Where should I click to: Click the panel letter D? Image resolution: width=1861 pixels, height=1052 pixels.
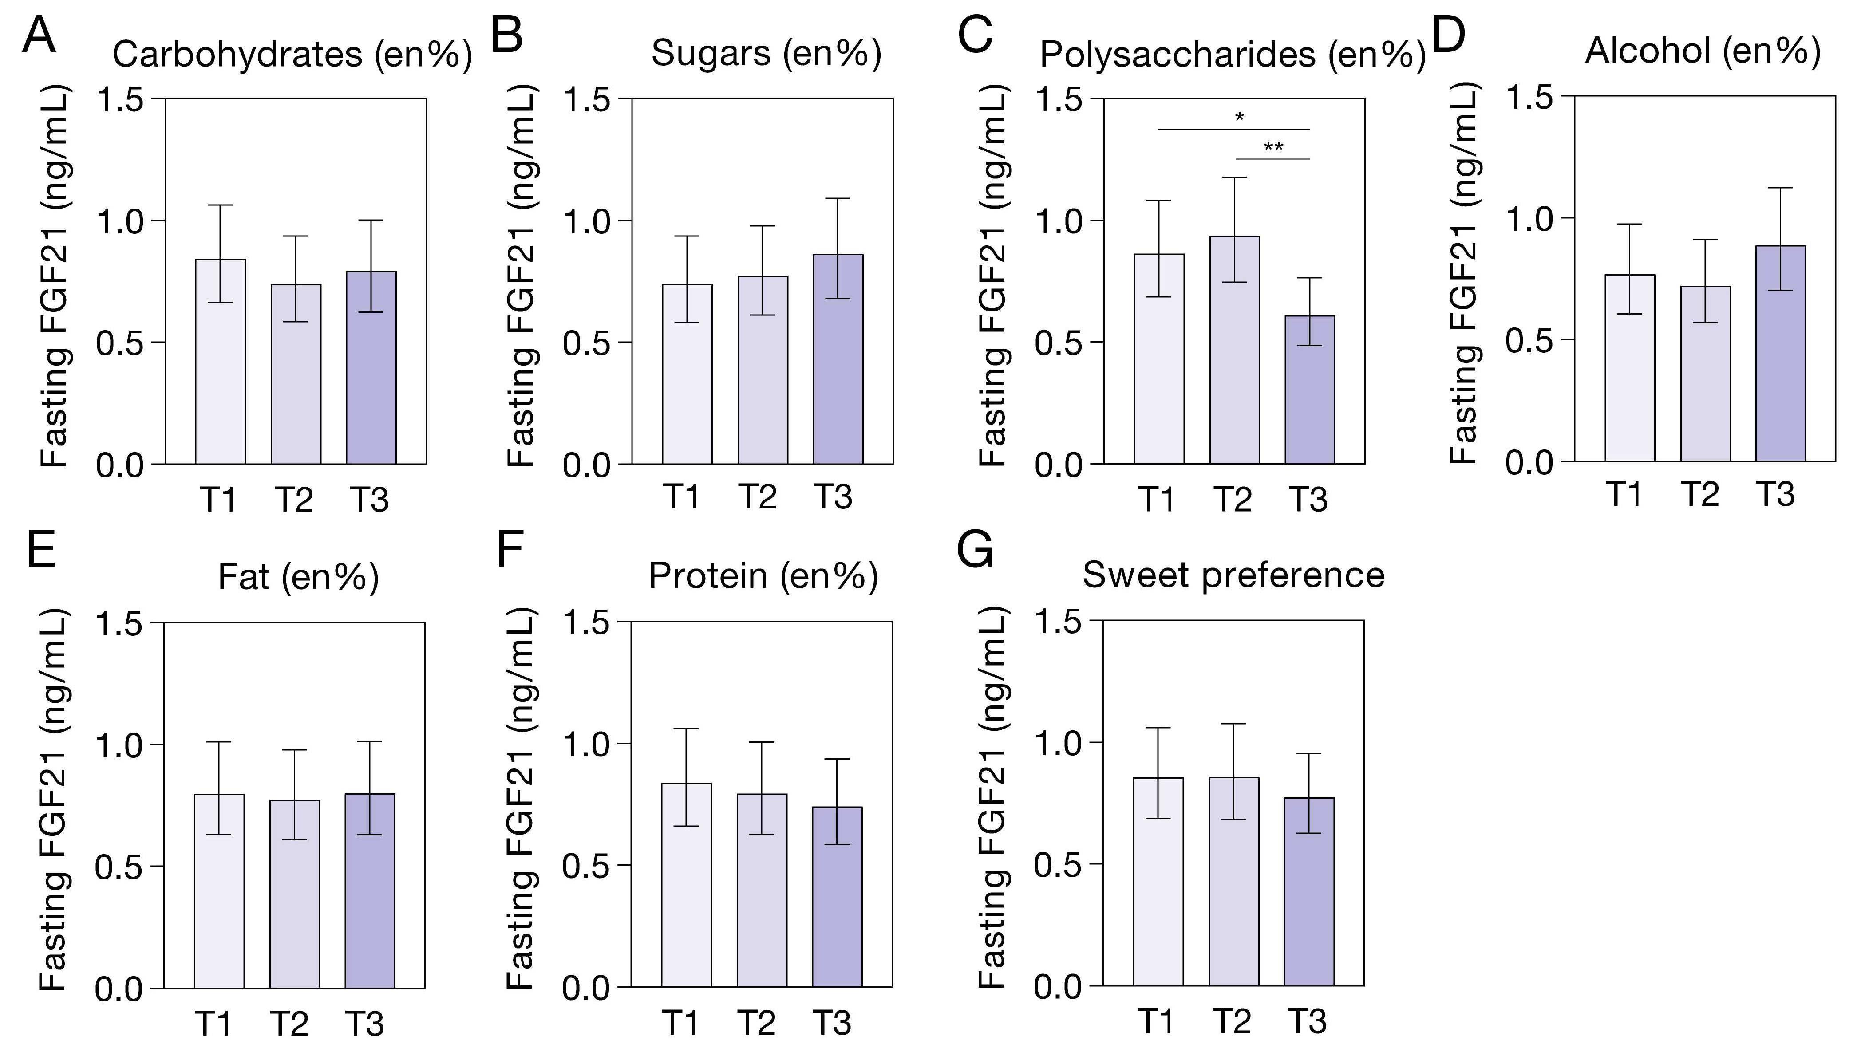pyautogui.click(x=1448, y=36)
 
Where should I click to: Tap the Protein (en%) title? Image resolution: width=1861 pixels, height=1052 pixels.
pyautogui.click(x=763, y=576)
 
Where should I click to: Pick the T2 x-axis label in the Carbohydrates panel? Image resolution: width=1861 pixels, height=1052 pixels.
pyautogui.click(x=294, y=499)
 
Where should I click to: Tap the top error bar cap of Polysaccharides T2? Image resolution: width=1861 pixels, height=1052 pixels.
pyautogui.click(x=1234, y=177)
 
